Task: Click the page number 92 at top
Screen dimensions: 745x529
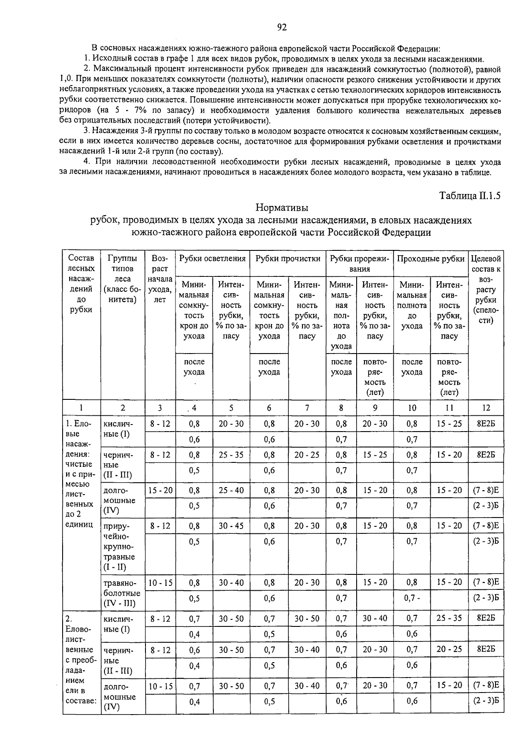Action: (282, 27)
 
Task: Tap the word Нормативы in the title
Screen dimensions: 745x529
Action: (282, 208)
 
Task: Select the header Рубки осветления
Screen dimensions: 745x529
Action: (212, 259)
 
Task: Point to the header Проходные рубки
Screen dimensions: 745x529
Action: (431, 259)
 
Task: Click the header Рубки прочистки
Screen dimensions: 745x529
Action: (288, 259)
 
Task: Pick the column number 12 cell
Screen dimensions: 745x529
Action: (485, 408)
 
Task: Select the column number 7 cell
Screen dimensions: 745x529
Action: (307, 408)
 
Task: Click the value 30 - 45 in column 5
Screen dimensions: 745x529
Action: (231, 525)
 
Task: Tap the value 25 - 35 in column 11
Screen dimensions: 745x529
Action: (449, 618)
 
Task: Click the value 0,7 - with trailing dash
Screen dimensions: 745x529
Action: (412, 598)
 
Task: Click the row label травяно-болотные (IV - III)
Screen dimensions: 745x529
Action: (122, 593)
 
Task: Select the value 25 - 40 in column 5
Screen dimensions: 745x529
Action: (231, 490)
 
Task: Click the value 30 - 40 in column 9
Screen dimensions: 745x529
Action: (375, 618)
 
